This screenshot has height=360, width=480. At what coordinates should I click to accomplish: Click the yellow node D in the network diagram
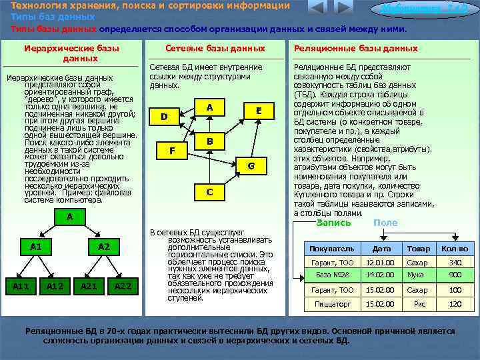[164, 117]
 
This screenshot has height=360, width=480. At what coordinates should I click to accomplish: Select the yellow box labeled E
[259, 111]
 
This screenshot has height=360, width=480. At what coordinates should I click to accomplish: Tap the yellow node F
[172, 151]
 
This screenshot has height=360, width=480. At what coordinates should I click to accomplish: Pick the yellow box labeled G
[251, 165]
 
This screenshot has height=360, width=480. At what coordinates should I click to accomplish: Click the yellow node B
[209, 141]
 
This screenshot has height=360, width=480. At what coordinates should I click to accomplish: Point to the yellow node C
[209, 192]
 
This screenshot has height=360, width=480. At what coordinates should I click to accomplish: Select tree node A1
[36, 247]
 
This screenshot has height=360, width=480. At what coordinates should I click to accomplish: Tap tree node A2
[104, 247]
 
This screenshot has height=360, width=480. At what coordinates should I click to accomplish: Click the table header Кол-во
[455, 249]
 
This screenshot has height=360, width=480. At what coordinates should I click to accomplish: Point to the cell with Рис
[419, 304]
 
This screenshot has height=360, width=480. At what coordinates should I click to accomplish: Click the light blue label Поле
[385, 223]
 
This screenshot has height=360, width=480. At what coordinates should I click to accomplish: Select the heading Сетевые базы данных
[215, 49]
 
